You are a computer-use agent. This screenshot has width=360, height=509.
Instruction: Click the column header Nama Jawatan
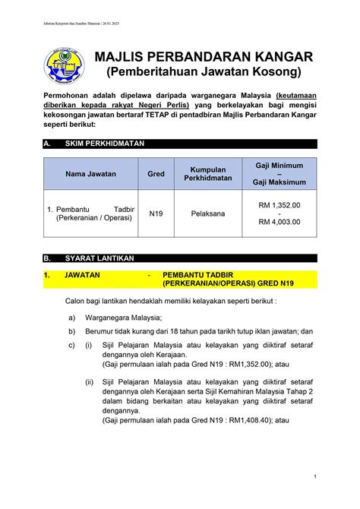click(x=90, y=173)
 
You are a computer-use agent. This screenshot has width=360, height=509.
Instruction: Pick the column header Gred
click(x=156, y=173)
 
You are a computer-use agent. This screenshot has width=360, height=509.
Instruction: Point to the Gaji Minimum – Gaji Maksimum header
click(x=279, y=173)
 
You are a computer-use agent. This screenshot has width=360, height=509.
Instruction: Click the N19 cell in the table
click(x=156, y=213)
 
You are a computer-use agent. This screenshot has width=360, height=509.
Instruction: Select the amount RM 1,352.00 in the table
click(x=279, y=205)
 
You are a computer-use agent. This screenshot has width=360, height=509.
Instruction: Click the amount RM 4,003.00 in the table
click(x=279, y=222)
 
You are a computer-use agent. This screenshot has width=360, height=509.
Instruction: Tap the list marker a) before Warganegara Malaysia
click(x=71, y=318)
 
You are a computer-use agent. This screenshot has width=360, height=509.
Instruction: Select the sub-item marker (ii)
click(x=90, y=382)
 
